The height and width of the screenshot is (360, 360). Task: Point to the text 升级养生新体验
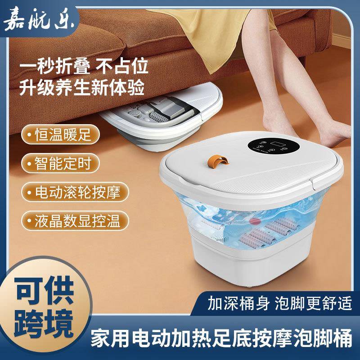(84, 87)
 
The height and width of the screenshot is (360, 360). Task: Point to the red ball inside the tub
(256, 221)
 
